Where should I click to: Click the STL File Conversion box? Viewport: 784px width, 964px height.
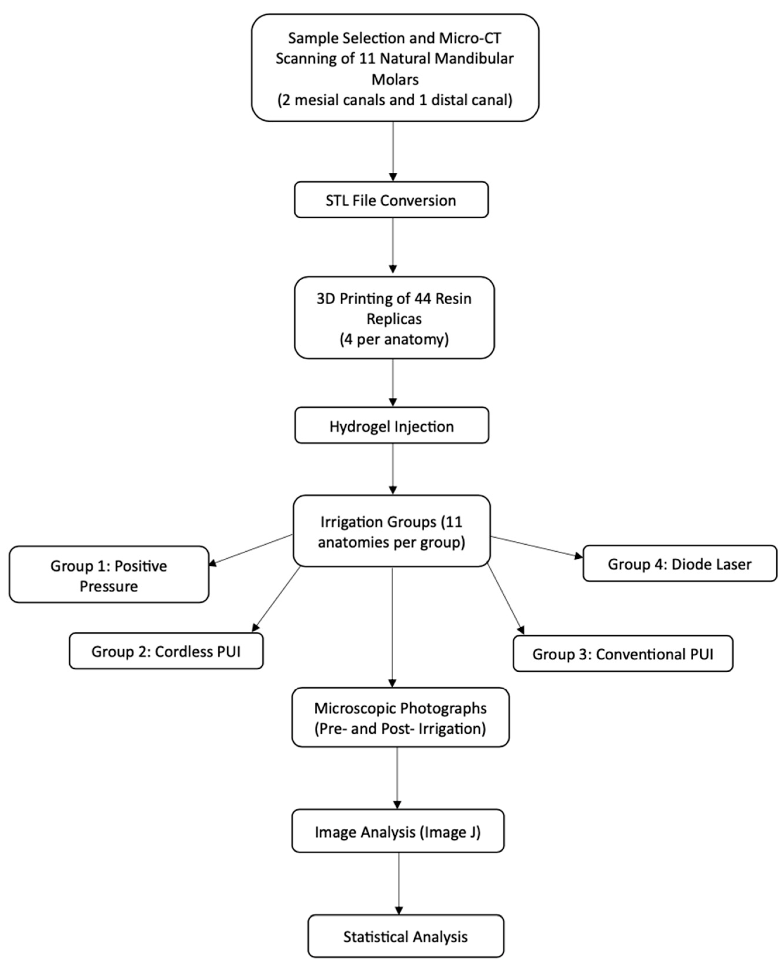pyautogui.click(x=391, y=200)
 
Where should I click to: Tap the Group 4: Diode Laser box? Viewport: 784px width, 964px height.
pyautogui.click(x=680, y=564)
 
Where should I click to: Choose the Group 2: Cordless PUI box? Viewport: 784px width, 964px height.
pyautogui.click(x=166, y=651)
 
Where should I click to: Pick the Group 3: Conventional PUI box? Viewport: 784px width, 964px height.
pyautogui.click(x=623, y=654)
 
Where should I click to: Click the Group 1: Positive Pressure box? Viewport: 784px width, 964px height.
pyautogui.click(x=109, y=575)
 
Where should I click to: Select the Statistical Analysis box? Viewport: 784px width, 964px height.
pyautogui.click(x=406, y=937)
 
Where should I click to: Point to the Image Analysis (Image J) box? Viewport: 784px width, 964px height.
pyautogui.click(x=398, y=832)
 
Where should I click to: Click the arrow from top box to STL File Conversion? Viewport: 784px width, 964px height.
pyautogui.click(x=393, y=151)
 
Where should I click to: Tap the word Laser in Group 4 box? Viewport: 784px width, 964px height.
pyautogui.click(x=734, y=564)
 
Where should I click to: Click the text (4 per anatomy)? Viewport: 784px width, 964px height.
pyautogui.click(x=394, y=339)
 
